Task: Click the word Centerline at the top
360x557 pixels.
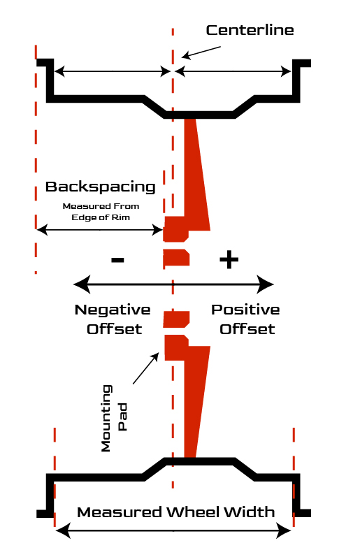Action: point(250,30)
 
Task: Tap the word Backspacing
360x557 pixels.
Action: point(101,187)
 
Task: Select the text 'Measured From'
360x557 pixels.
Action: point(101,206)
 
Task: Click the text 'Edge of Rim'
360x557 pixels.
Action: point(101,217)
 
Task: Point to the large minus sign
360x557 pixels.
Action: point(117,260)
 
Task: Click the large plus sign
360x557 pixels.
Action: point(229,260)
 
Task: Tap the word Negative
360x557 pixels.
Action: point(113,310)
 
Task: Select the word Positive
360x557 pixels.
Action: point(245,310)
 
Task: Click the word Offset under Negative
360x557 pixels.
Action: point(115,329)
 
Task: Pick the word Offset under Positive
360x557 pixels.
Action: point(247,329)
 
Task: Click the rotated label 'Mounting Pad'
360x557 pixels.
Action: point(114,418)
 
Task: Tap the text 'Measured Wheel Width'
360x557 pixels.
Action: point(176,512)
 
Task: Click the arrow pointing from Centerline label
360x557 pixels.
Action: point(201,52)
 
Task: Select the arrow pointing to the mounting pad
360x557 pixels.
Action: point(146,368)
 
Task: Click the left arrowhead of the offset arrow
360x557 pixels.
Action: point(81,284)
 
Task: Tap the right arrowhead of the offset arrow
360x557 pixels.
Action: point(265,284)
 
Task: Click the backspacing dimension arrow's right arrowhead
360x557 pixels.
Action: point(158,230)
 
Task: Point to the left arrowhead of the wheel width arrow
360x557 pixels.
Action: point(63,531)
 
